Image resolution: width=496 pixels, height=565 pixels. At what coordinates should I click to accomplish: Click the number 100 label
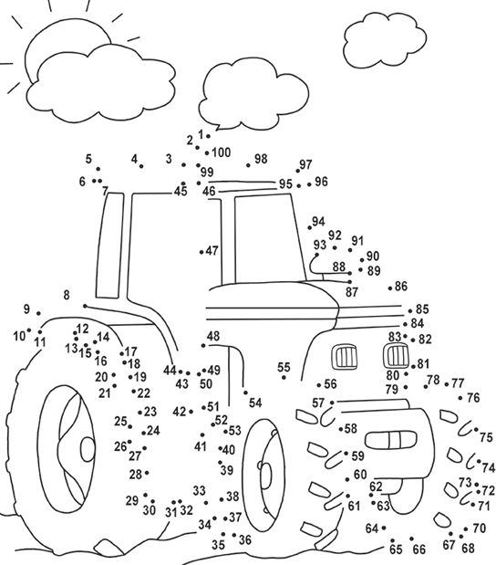pyautogui.click(x=222, y=152)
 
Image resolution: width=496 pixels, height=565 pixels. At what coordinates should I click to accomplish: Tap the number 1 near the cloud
pyautogui.click(x=201, y=135)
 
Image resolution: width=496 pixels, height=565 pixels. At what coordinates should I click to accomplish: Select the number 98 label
pyautogui.click(x=261, y=159)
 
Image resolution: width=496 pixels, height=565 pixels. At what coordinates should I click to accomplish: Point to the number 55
pyautogui.click(x=284, y=367)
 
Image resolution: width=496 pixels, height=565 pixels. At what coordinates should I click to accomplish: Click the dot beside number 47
pyautogui.click(x=201, y=252)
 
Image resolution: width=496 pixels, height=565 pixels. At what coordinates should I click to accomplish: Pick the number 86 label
pyautogui.click(x=401, y=286)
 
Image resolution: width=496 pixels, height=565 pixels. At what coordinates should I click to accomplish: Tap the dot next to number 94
pyautogui.click(x=310, y=227)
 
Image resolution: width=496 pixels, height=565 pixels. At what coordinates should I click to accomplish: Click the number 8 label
pyautogui.click(x=67, y=295)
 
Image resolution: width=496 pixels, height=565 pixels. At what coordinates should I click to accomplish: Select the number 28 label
pyautogui.click(x=135, y=475)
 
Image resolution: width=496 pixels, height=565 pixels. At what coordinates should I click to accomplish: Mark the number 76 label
pyautogui.click(x=473, y=398)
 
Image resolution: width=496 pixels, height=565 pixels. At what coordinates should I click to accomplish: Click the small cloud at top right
pyautogui.click(x=385, y=40)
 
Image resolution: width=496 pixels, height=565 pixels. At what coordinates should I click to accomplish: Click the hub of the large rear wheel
pyautogui.click(x=88, y=449)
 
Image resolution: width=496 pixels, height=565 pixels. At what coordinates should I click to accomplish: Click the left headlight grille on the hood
pyautogui.click(x=344, y=357)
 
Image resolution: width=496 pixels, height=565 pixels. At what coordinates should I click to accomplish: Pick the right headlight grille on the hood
pyautogui.click(x=395, y=356)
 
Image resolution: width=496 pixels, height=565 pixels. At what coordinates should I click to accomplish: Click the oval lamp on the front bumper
pyautogui.click(x=390, y=440)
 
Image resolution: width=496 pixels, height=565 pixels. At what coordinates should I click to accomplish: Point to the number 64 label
pyautogui.click(x=372, y=528)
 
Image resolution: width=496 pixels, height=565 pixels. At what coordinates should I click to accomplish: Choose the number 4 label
pyautogui.click(x=134, y=159)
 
